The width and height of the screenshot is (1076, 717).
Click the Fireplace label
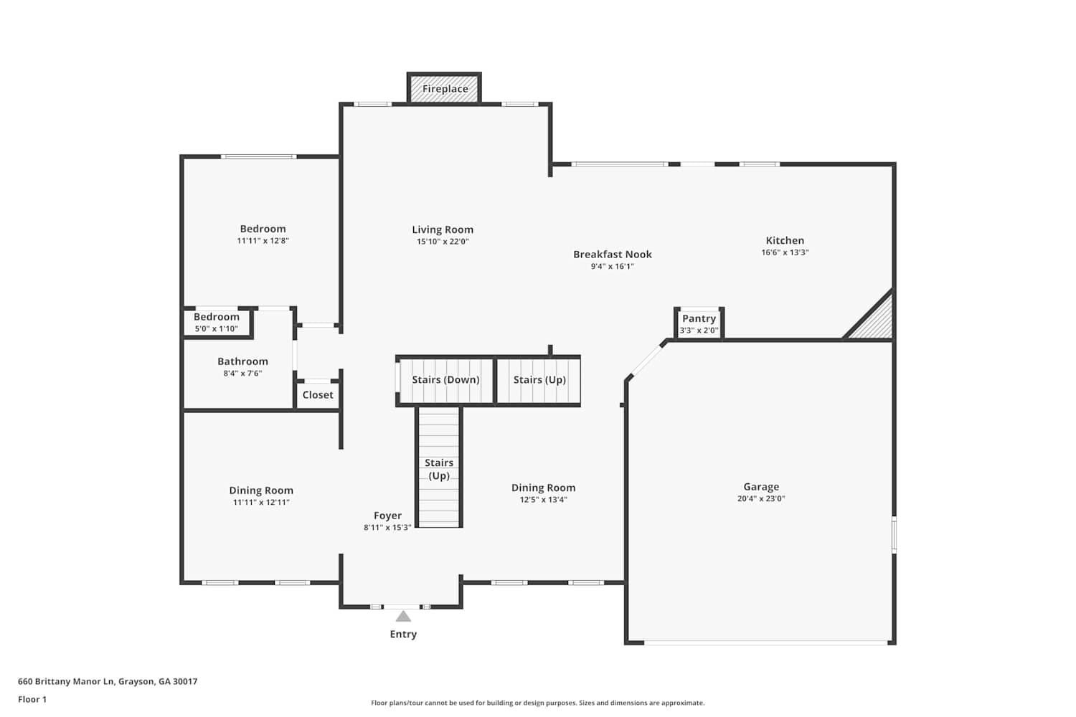tap(445, 89)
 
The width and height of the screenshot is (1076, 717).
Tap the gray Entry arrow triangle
tap(403, 616)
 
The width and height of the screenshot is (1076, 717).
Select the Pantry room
tap(699, 323)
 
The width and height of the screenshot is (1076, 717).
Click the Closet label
tap(318, 395)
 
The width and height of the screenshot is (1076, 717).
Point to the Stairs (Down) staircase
tap(445, 381)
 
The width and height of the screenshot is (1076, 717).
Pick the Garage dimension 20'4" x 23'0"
tap(761, 498)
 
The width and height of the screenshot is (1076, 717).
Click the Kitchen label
tap(785, 241)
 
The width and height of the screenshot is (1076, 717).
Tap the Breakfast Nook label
tap(613, 255)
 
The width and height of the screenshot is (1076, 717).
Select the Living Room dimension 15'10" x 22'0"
tap(443, 242)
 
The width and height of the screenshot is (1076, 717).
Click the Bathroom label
tap(242, 361)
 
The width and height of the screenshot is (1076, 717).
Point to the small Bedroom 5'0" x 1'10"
tap(217, 323)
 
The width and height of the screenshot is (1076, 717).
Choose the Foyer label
tap(387, 516)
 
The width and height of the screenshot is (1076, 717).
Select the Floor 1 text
tap(32, 699)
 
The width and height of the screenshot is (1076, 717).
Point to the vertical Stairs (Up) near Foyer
tap(438, 467)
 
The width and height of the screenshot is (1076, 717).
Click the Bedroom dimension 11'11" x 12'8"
tap(263, 241)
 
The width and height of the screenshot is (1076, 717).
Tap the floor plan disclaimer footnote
tap(537, 703)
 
